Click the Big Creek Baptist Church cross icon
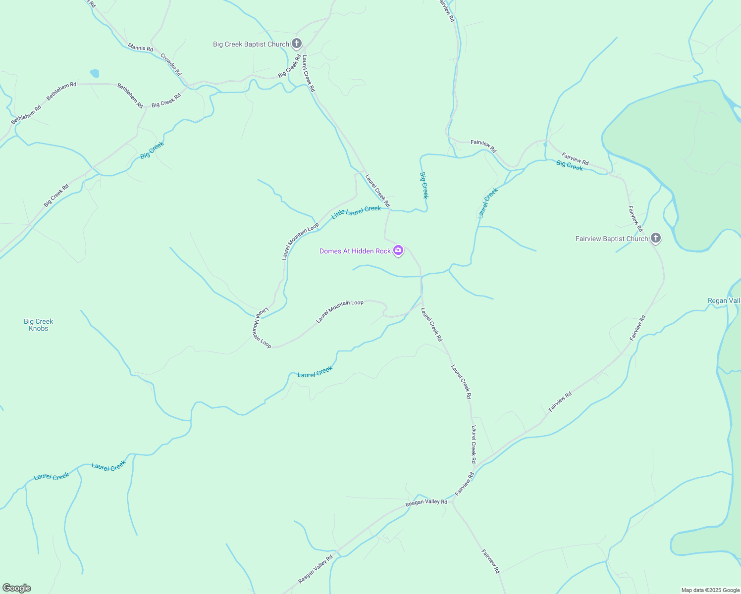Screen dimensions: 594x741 (297, 44)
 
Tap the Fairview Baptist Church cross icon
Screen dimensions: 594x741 (655, 239)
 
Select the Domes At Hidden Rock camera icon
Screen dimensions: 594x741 (398, 251)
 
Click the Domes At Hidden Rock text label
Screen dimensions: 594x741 (355, 251)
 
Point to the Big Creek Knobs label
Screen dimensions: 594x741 (39, 325)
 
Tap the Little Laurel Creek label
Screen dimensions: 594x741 (356, 212)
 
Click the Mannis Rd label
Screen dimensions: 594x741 (140, 48)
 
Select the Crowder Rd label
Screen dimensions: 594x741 (171, 64)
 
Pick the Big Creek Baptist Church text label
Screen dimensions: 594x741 (251, 44)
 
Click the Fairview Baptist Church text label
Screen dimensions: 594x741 (612, 239)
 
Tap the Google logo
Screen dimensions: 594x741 (17, 588)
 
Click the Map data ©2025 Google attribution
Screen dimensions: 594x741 (710, 590)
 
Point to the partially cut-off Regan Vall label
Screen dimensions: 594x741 (724, 300)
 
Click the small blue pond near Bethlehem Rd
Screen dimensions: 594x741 (95, 73)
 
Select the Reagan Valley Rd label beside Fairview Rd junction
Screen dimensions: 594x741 (426, 502)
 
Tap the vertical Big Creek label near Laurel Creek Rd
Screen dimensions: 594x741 (424, 185)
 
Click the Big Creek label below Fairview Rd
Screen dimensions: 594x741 (570, 166)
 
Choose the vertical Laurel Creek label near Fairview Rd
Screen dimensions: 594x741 (487, 203)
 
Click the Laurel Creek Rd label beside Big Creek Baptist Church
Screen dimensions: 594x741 (309, 73)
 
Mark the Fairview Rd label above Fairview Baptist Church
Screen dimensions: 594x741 (635, 218)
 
